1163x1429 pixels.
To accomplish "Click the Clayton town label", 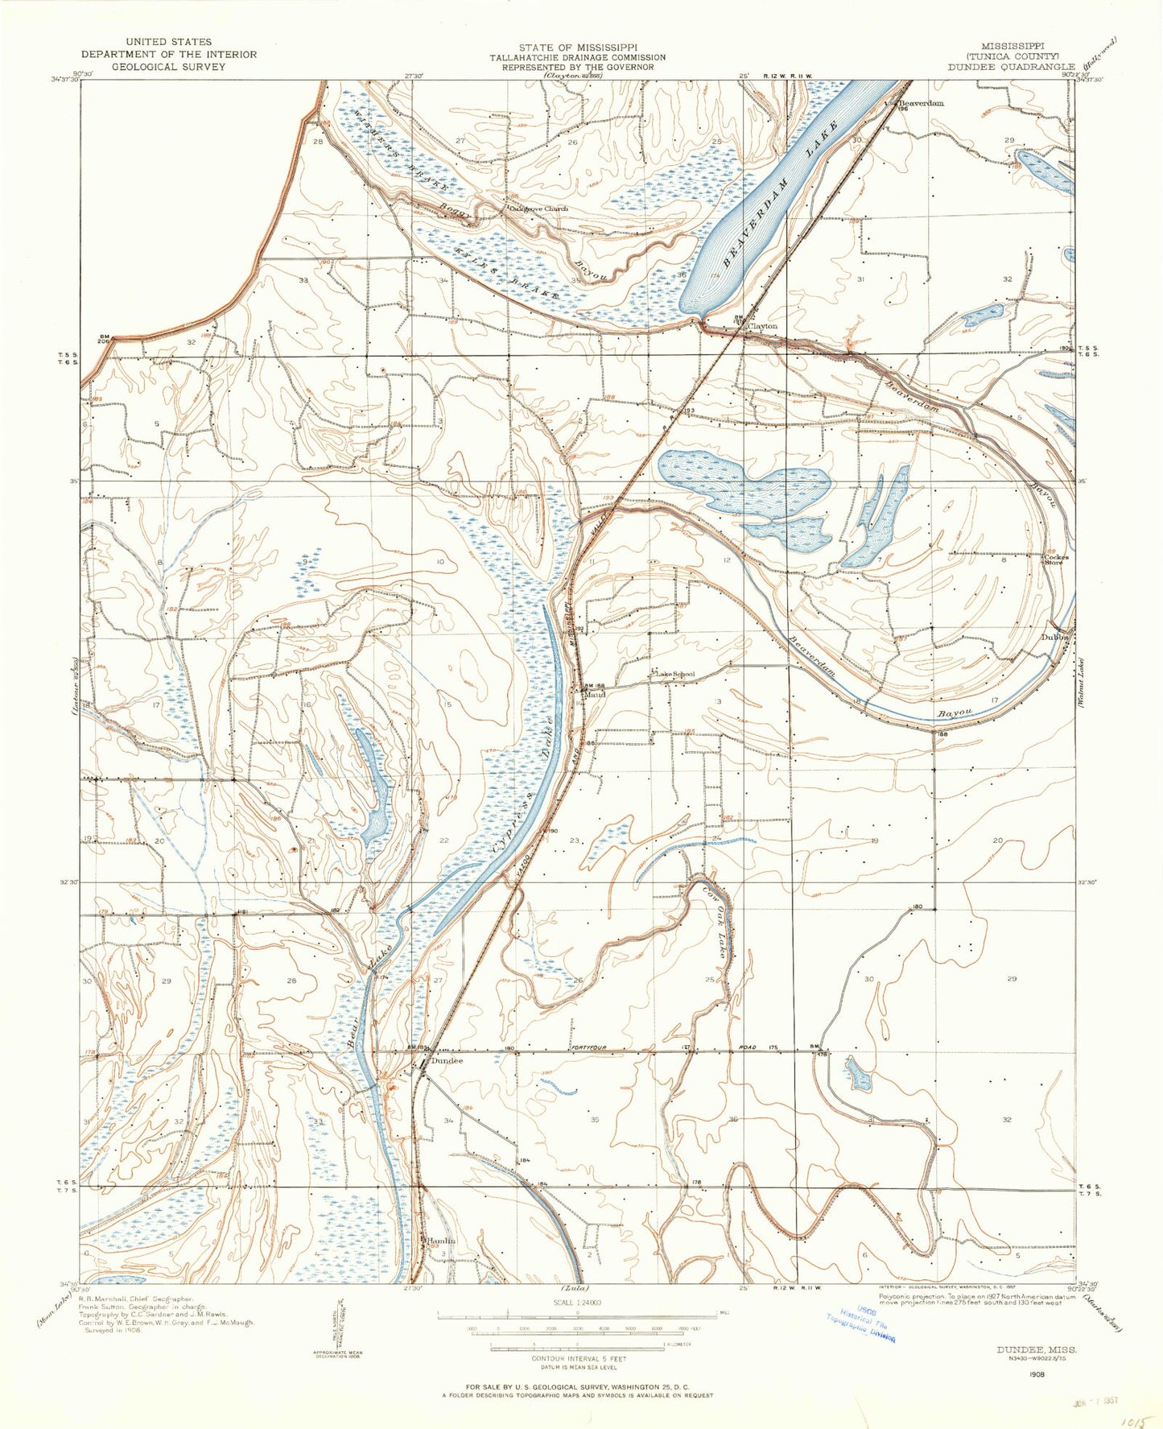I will click(763, 326).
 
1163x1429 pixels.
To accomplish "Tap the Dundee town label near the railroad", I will click(447, 1060).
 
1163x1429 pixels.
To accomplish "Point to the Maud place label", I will click(596, 693).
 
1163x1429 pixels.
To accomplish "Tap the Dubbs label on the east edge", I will click(1055, 636).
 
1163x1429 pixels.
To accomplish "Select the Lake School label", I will click(674, 674).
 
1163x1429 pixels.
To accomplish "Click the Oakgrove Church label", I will click(538, 209).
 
